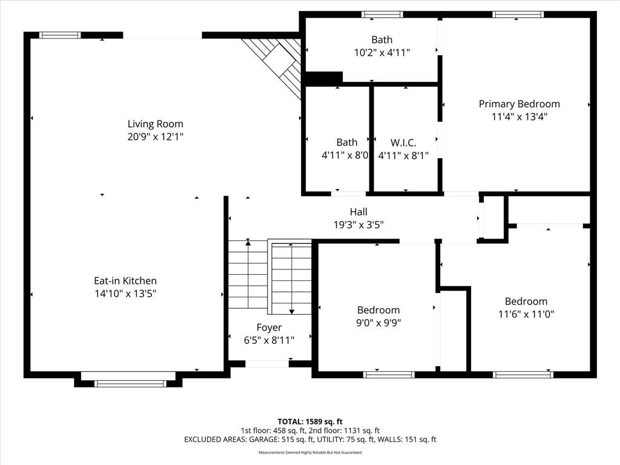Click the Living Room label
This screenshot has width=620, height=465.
[156, 124]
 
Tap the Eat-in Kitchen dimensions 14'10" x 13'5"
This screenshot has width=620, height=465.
[125, 294]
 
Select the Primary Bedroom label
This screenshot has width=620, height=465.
[519, 104]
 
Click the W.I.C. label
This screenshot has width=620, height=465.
[403, 142]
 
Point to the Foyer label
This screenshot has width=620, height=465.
[269, 328]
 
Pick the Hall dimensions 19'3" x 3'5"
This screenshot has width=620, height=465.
[358, 225]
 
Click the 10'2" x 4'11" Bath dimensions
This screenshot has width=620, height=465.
[382, 52]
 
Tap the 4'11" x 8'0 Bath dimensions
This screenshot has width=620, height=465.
[345, 155]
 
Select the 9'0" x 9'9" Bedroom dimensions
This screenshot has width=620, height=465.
[378, 323]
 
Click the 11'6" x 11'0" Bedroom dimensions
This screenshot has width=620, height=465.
[526, 314]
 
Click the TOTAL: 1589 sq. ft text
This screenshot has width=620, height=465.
[310, 421]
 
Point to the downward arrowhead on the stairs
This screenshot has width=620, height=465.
[291, 312]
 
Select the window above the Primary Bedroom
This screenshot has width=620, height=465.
[518, 15]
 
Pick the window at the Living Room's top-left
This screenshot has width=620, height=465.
[61, 35]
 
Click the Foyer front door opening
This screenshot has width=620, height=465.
[267, 364]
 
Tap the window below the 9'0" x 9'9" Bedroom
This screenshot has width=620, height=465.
[389, 374]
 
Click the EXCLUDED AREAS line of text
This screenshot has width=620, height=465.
[310, 440]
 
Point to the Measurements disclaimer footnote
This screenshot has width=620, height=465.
[310, 452]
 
